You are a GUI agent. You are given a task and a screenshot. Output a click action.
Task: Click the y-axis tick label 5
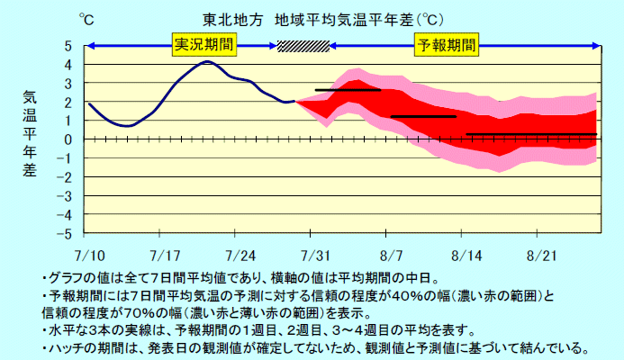tap(68, 46)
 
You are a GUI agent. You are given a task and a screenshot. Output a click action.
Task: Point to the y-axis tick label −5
tap(66, 234)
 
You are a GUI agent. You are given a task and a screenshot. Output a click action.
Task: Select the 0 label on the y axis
tap(68, 139)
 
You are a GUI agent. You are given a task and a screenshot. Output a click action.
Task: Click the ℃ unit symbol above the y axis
tap(86, 17)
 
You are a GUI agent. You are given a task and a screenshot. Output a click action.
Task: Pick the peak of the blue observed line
tap(207, 61)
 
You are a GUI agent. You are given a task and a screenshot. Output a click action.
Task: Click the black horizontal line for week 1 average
tap(348, 90)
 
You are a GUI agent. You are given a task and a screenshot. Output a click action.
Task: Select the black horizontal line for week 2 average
tap(423, 117)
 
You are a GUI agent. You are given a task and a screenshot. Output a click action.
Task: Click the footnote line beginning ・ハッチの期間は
tap(315, 347)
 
